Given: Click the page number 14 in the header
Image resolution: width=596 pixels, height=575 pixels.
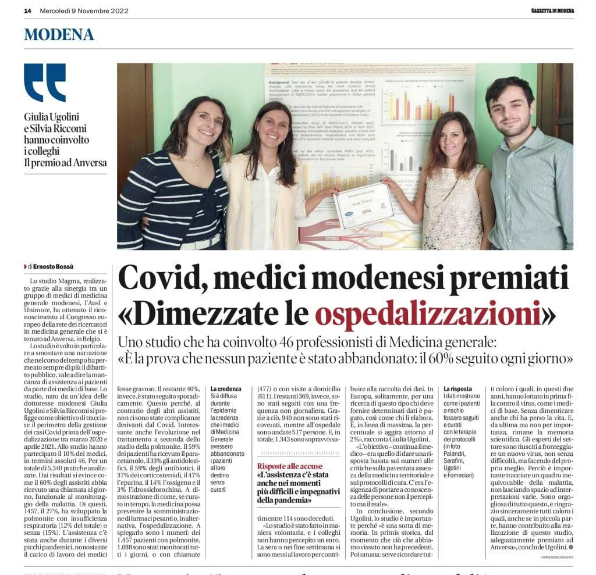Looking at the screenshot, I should (x=27, y=10).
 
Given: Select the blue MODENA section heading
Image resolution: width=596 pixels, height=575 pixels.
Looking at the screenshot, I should (x=59, y=34).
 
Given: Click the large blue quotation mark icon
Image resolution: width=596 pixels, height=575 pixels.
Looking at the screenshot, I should (x=45, y=82).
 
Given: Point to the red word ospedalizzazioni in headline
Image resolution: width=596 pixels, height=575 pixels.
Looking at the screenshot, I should (x=428, y=314).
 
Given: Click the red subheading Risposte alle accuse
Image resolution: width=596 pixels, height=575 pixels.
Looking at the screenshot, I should (x=290, y=466).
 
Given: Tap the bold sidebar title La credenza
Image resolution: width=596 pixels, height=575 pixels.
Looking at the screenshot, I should (x=226, y=388).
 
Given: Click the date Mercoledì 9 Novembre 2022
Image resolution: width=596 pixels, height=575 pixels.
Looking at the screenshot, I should (x=83, y=10).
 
